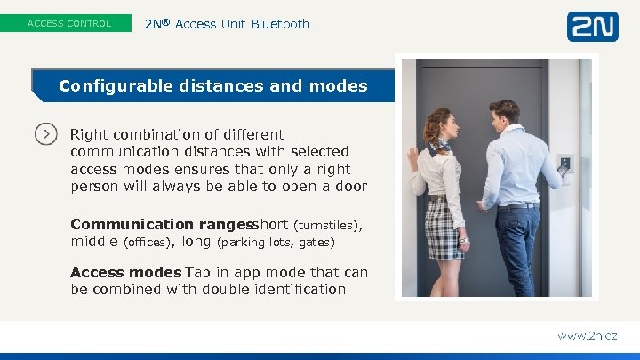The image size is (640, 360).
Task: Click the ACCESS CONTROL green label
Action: [69, 24]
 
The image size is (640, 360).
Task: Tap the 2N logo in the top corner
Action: [592, 26]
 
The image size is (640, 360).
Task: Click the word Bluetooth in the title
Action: [280, 24]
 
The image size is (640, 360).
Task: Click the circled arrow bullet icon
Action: [46, 134]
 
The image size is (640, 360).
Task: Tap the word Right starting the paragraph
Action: [89, 135]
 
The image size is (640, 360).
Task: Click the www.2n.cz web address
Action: [586, 336]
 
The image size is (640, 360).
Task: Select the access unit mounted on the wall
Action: [565, 164]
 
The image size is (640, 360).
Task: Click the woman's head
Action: [439, 125]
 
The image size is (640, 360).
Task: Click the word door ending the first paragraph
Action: [350, 187]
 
